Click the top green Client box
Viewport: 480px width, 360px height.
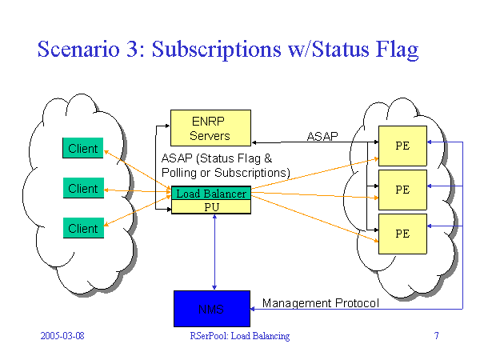tap(83, 148)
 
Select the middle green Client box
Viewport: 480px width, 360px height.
tap(83, 188)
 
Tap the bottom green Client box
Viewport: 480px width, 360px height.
tap(83, 228)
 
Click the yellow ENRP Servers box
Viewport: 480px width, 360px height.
tap(210, 128)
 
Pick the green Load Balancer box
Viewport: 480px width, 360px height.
tap(211, 194)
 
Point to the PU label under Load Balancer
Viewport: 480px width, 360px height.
tap(211, 207)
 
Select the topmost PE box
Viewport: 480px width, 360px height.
tap(402, 146)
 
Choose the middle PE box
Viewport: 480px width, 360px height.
tap(402, 190)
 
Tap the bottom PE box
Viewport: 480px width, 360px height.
tap(402, 234)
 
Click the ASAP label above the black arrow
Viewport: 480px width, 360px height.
tap(323, 137)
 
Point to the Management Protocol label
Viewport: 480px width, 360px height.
tap(320, 303)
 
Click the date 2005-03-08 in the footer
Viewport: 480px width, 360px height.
tap(62, 336)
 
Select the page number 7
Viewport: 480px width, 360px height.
tap(436, 336)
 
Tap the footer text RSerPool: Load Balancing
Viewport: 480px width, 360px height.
tap(234, 336)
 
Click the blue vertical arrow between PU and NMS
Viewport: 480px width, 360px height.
tap(214, 252)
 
